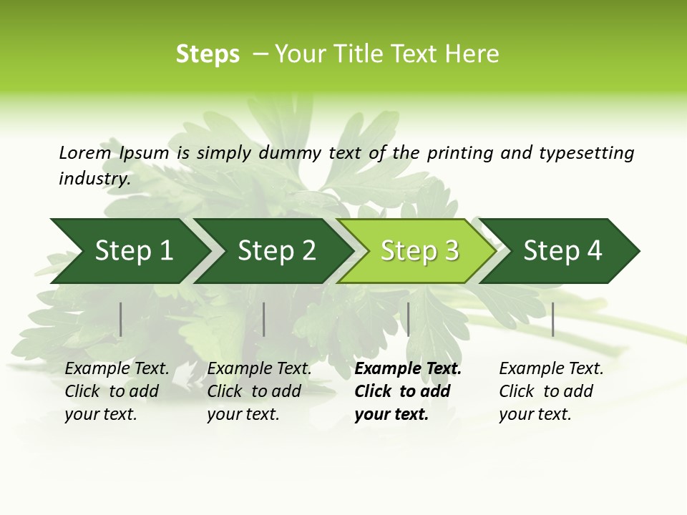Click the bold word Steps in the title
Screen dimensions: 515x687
pos(208,54)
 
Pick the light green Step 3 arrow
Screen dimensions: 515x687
pos(419,251)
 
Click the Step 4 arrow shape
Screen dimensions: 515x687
pos(562,251)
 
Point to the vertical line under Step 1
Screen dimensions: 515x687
pos(121,319)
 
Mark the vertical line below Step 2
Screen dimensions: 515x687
pos(264,319)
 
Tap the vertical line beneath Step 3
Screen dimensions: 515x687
pos(409,319)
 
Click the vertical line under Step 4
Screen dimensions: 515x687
pos(553,319)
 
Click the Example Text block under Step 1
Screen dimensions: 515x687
pos(117,391)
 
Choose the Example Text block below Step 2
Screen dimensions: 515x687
pos(259,391)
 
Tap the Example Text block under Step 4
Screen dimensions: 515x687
pos(551,391)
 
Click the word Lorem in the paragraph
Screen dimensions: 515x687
pos(84,153)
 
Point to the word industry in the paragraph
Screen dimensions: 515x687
pos(94,179)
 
